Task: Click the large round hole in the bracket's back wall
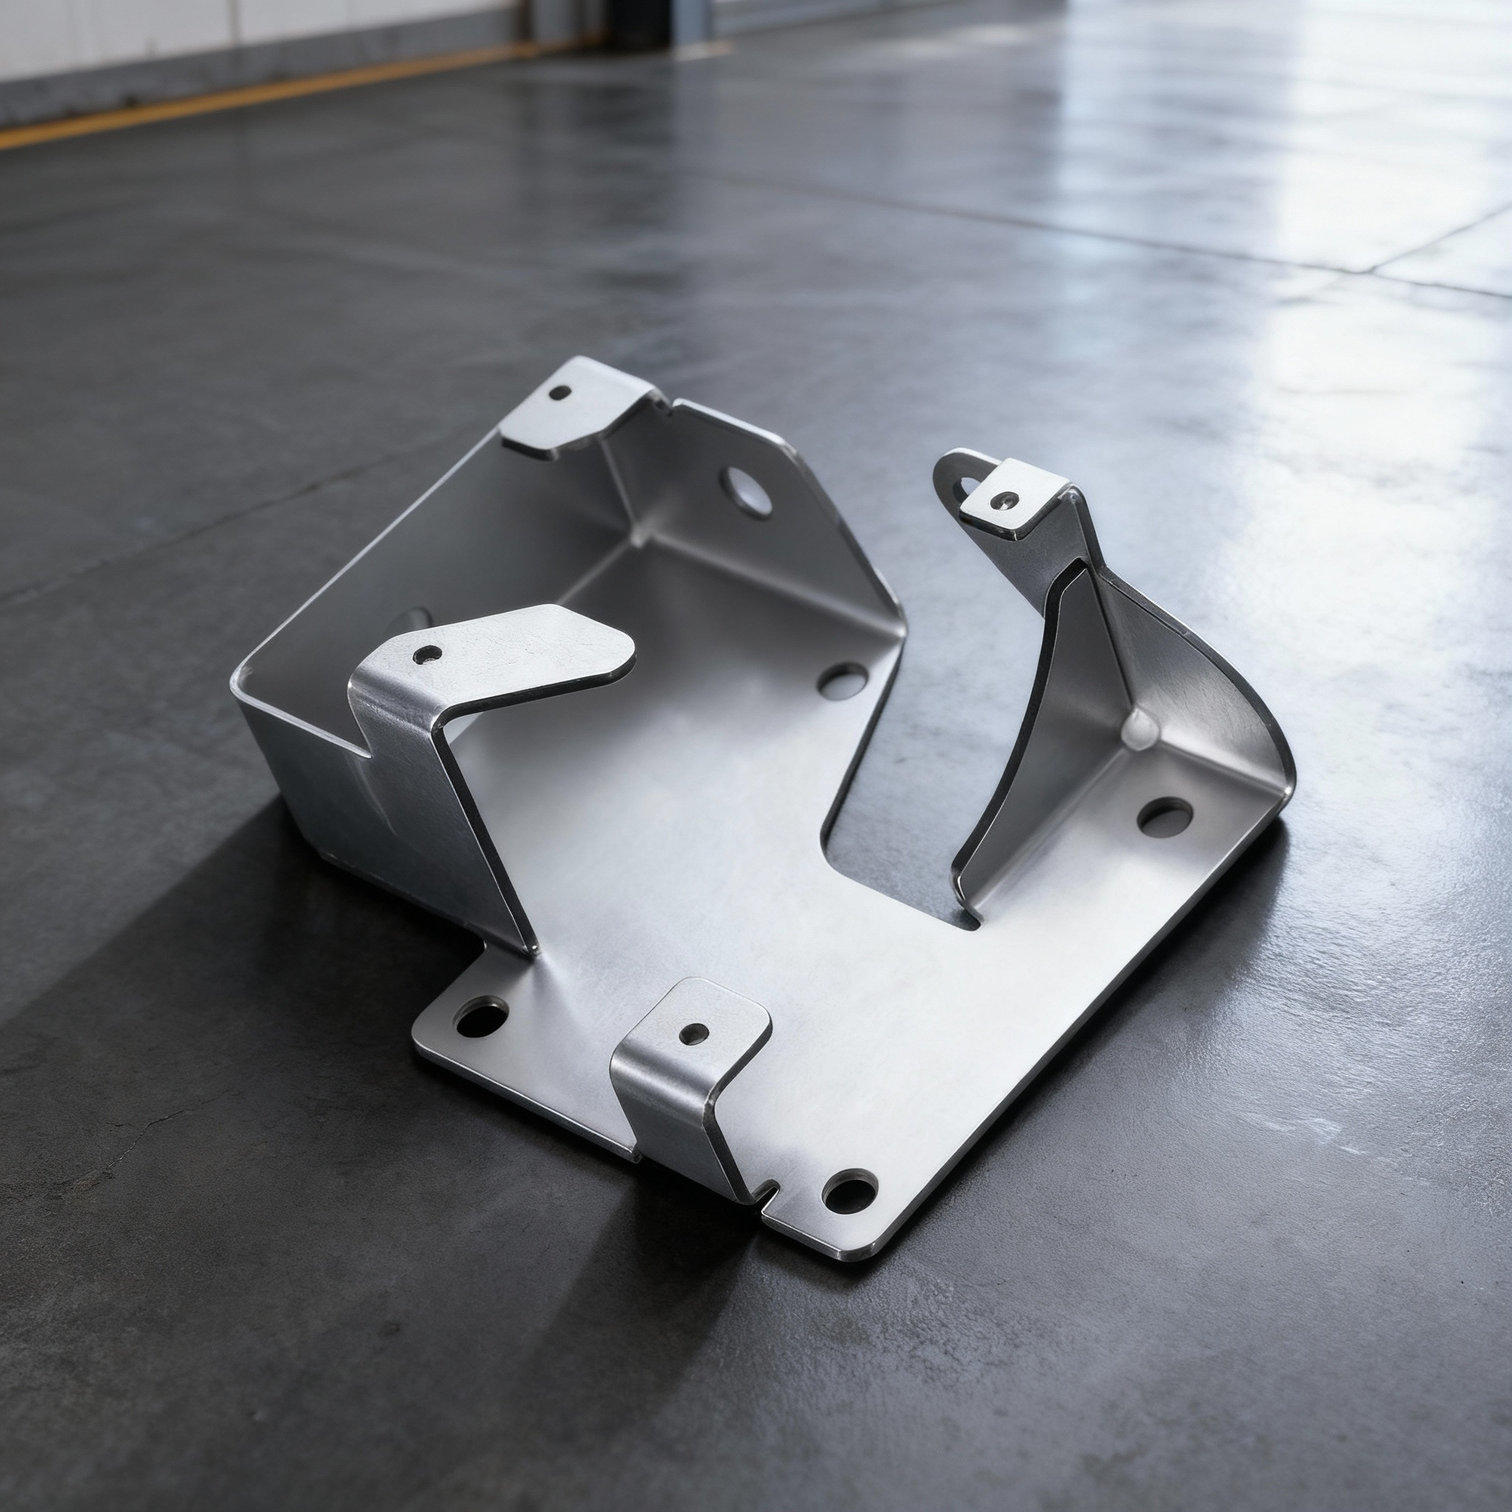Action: (x=746, y=491)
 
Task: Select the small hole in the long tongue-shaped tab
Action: (x=427, y=654)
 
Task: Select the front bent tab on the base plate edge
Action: (x=689, y=1072)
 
